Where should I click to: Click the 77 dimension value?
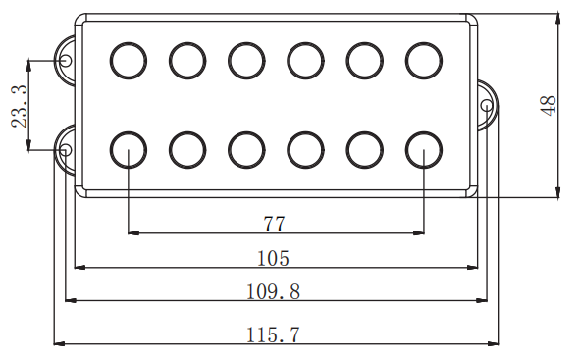274,224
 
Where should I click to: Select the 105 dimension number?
273,258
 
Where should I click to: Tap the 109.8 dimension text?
273,291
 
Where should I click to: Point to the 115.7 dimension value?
273,334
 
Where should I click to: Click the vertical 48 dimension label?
549,106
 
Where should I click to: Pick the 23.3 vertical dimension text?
20,107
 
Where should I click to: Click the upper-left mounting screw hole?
66,60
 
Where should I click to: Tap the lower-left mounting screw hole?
66,150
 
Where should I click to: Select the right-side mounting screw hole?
487,106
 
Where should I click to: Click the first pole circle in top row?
129,42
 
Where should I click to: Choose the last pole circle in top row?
424,42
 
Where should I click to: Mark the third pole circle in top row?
246,42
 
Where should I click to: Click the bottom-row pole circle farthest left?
129,132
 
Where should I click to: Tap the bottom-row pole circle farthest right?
424,132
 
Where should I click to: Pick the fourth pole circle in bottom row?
306,132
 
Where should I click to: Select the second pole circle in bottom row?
187,132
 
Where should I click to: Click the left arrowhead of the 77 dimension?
133,233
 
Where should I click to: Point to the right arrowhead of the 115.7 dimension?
493,343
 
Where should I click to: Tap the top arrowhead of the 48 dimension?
558,19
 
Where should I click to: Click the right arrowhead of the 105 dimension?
472,267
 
